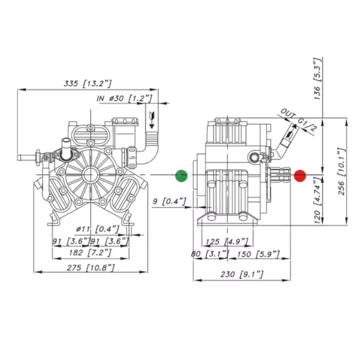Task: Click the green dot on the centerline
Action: click(x=181, y=176)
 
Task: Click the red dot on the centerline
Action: click(x=301, y=176)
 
